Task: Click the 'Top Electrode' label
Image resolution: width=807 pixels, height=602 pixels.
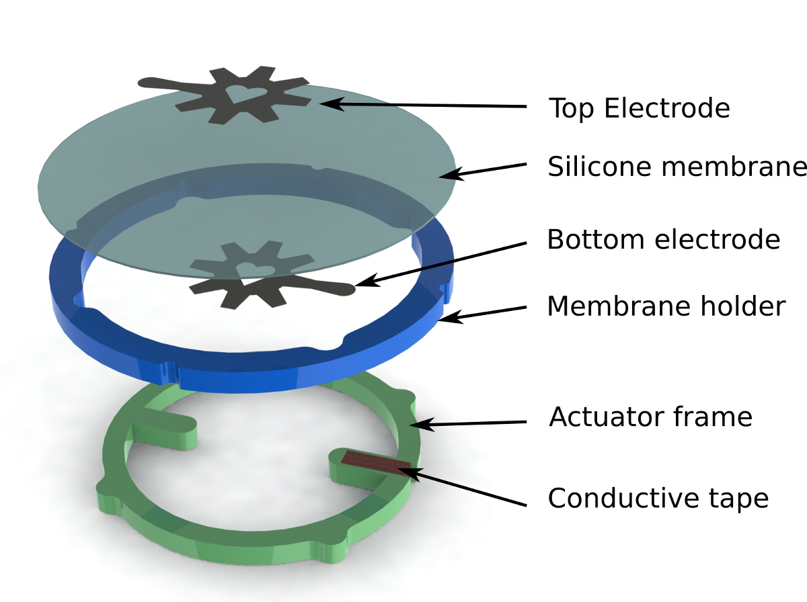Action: coord(639,108)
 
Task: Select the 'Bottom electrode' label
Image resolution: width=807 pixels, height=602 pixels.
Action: coord(663,239)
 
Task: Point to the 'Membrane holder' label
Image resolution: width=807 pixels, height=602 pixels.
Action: coord(666,306)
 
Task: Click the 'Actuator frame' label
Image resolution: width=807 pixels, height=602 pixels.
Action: coord(650,417)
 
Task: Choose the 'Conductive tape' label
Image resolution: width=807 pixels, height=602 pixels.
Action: coord(658,499)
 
